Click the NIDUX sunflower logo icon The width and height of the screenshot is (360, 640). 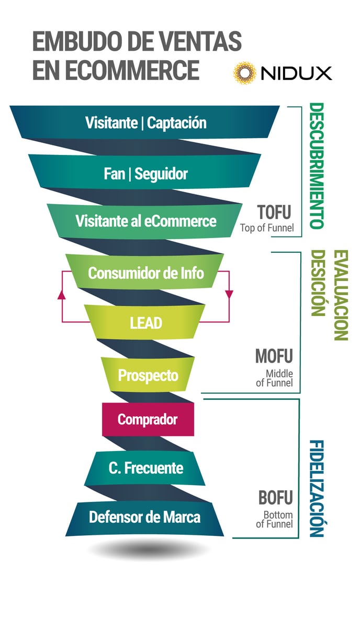244,73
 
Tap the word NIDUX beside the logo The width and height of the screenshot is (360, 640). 296,73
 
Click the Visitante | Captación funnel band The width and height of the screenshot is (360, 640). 145,122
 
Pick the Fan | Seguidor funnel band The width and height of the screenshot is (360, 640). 145,173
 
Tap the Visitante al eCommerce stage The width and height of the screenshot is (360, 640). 145,221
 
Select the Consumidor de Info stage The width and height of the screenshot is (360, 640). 145,273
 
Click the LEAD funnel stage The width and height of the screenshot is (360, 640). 145,322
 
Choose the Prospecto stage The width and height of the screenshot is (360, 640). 148,375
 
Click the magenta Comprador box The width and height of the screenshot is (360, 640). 148,419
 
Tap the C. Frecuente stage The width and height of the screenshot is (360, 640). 145,468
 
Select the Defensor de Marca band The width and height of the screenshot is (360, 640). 144,517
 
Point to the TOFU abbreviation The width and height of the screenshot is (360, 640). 274,212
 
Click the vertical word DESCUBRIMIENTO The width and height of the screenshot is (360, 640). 317,165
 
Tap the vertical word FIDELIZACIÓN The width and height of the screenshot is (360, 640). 317,488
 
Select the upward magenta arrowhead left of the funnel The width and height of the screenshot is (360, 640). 62,295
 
